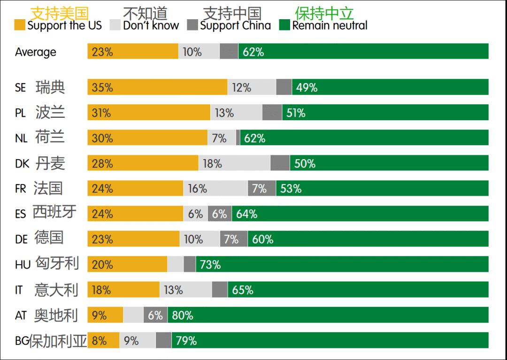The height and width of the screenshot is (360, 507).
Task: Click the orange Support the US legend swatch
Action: click(x=20, y=25)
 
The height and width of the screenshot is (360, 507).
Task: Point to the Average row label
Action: click(x=35, y=52)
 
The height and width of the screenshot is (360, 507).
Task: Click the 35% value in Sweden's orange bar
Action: click(x=102, y=87)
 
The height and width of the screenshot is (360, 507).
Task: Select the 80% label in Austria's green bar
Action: click(x=183, y=315)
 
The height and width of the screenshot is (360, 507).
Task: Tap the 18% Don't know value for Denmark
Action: click(x=212, y=163)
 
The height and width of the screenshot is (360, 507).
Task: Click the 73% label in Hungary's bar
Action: click(x=210, y=265)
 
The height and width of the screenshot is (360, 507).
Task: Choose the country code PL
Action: click(x=20, y=113)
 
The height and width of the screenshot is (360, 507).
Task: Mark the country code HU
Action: click(x=23, y=265)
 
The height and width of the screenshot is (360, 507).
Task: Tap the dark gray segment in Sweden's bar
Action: click(x=284, y=87)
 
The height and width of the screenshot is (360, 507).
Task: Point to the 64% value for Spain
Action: click(x=246, y=214)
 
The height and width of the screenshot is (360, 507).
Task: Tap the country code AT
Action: click(x=21, y=316)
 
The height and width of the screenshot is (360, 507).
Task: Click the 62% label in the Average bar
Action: click(x=253, y=52)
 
